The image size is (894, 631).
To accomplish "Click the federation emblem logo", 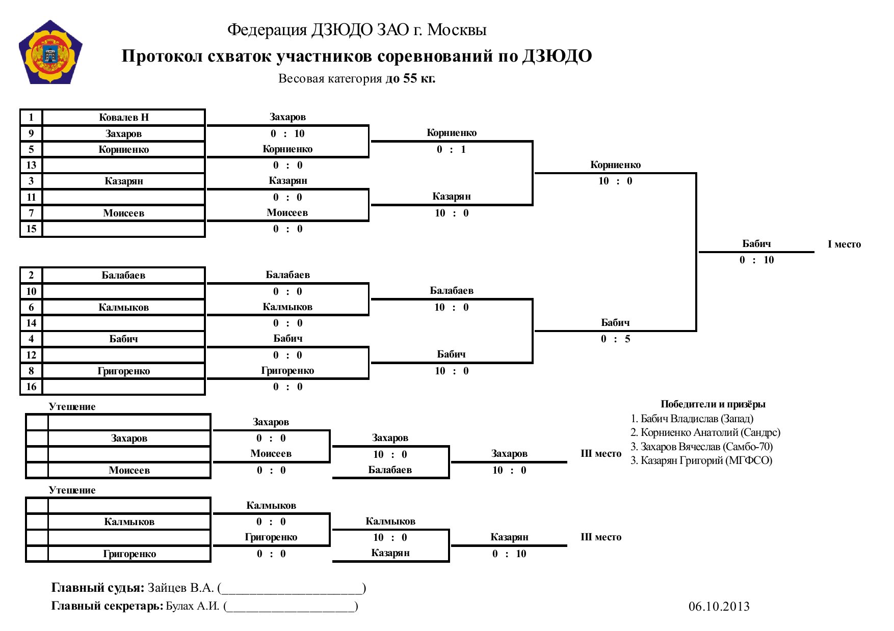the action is coord(50,52).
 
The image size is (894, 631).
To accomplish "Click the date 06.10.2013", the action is coord(719,606).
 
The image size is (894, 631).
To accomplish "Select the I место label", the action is coord(844,244).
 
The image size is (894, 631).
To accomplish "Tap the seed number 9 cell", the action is coord(31,133).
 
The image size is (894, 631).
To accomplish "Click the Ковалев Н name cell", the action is coord(124,117).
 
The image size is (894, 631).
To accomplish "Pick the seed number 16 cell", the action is coord(31,387).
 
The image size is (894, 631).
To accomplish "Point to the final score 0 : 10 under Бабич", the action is coord(756,260).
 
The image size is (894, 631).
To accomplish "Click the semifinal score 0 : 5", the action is coord(615,339).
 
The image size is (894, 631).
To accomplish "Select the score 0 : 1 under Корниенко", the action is coord(451,149).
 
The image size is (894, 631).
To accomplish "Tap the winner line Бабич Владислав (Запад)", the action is coord(692,419).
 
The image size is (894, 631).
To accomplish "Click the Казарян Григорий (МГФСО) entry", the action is coord(701,460).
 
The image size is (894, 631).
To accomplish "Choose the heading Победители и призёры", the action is coord(713,404).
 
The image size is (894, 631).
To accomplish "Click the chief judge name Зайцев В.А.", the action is coord(180,588).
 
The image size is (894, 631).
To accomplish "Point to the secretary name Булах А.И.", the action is coord(193,606).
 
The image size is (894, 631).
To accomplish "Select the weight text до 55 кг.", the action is coord(410,78).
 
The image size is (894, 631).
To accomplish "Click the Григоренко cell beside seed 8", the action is coord(124,371).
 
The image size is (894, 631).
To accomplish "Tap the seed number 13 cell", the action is coord(31,165).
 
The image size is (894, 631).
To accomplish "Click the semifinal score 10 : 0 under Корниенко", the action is coord(615,181).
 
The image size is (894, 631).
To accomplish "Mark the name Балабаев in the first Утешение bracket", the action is coord(390,470).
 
